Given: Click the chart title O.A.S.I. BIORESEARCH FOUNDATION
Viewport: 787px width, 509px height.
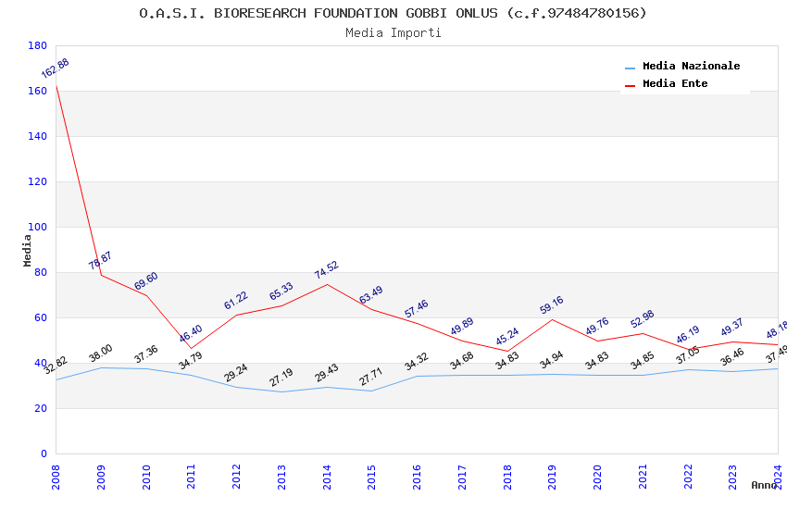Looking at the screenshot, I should (x=393, y=13).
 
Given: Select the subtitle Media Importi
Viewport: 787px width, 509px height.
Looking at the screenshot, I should (x=393, y=33).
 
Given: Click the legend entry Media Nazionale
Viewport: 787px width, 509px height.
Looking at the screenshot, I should (x=691, y=67).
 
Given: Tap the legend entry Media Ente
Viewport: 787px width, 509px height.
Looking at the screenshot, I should (x=675, y=84).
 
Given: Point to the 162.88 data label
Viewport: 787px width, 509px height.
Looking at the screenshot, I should (x=55, y=69).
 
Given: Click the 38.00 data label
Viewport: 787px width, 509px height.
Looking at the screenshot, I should (x=100, y=354).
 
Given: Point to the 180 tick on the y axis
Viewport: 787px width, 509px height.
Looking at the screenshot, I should (x=37, y=45).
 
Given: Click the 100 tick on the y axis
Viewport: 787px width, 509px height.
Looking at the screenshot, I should (x=37, y=227).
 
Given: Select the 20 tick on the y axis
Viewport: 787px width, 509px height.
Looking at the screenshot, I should (x=40, y=408).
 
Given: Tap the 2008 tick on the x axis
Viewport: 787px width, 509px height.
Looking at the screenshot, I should (x=56, y=475).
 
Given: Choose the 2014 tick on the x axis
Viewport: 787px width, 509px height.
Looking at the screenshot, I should (x=327, y=475).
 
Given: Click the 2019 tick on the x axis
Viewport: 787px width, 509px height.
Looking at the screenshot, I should (x=553, y=475).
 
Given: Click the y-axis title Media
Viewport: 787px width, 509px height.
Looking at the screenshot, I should (x=27, y=250).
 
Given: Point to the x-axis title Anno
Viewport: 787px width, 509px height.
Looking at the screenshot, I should (x=764, y=485).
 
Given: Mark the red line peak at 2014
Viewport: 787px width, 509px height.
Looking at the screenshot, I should (x=327, y=284).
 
